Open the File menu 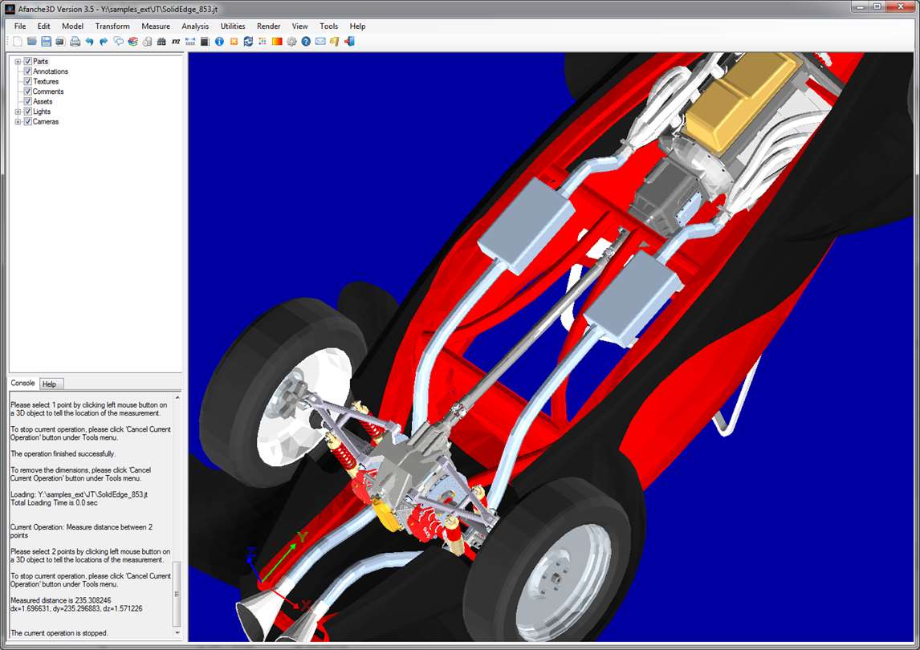[20, 26]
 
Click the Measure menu [156, 26]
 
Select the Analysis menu [195, 26]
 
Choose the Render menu [269, 26]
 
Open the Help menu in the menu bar [357, 26]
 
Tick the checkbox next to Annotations [27, 71]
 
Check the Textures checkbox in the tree [27, 82]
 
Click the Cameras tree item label [46, 122]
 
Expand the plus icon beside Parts [18, 62]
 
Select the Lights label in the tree [42, 112]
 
